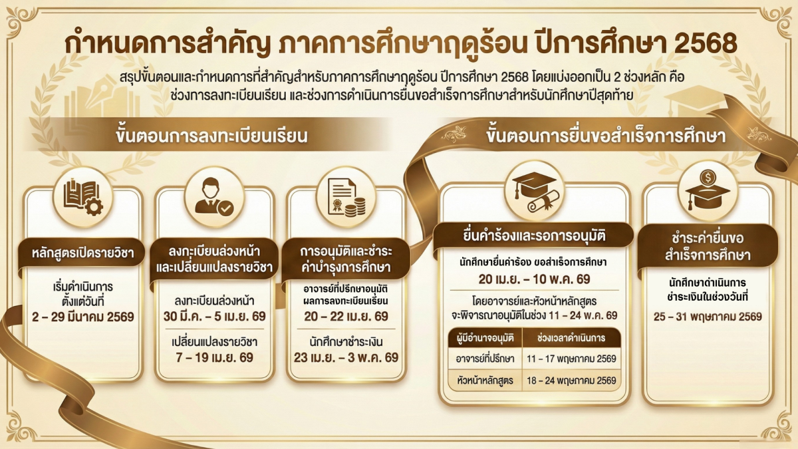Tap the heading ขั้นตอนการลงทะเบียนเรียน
211,138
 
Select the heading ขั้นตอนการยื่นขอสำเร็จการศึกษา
605,138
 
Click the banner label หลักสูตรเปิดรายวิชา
83,253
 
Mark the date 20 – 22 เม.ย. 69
345,316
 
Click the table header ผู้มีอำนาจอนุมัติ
485,338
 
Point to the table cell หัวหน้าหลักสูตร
485,381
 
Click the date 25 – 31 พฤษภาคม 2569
708,317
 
